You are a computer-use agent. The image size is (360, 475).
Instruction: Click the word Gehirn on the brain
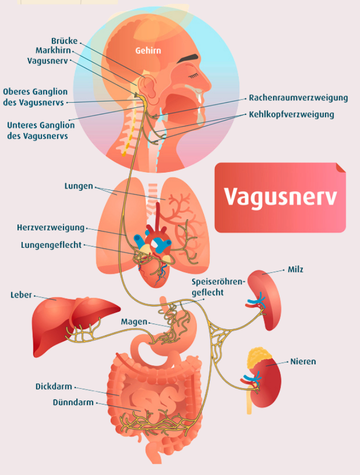coord(148,50)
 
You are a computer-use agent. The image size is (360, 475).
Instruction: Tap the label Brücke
coord(64,41)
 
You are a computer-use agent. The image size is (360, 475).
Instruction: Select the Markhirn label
coord(53,50)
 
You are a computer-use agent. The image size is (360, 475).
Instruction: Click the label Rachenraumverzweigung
coord(298,98)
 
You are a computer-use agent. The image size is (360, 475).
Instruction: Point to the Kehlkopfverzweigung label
coord(291,114)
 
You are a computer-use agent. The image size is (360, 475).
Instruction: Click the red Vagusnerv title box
coord(280,198)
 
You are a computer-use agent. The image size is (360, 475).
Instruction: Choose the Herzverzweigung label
coord(51,228)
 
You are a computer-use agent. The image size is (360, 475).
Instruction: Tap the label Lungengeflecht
coord(51,245)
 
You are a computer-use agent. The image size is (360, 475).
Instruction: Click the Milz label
coord(295,270)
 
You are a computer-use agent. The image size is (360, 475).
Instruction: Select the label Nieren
coord(303,361)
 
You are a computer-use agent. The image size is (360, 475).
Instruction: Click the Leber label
coord(21,295)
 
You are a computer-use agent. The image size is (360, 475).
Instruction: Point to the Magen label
coord(134,322)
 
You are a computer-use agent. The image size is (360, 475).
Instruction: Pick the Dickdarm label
coord(53,387)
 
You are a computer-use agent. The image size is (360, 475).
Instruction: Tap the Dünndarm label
coord(73,402)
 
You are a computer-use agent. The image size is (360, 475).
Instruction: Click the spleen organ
coord(264,300)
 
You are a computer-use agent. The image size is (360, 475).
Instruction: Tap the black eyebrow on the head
coord(188,58)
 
